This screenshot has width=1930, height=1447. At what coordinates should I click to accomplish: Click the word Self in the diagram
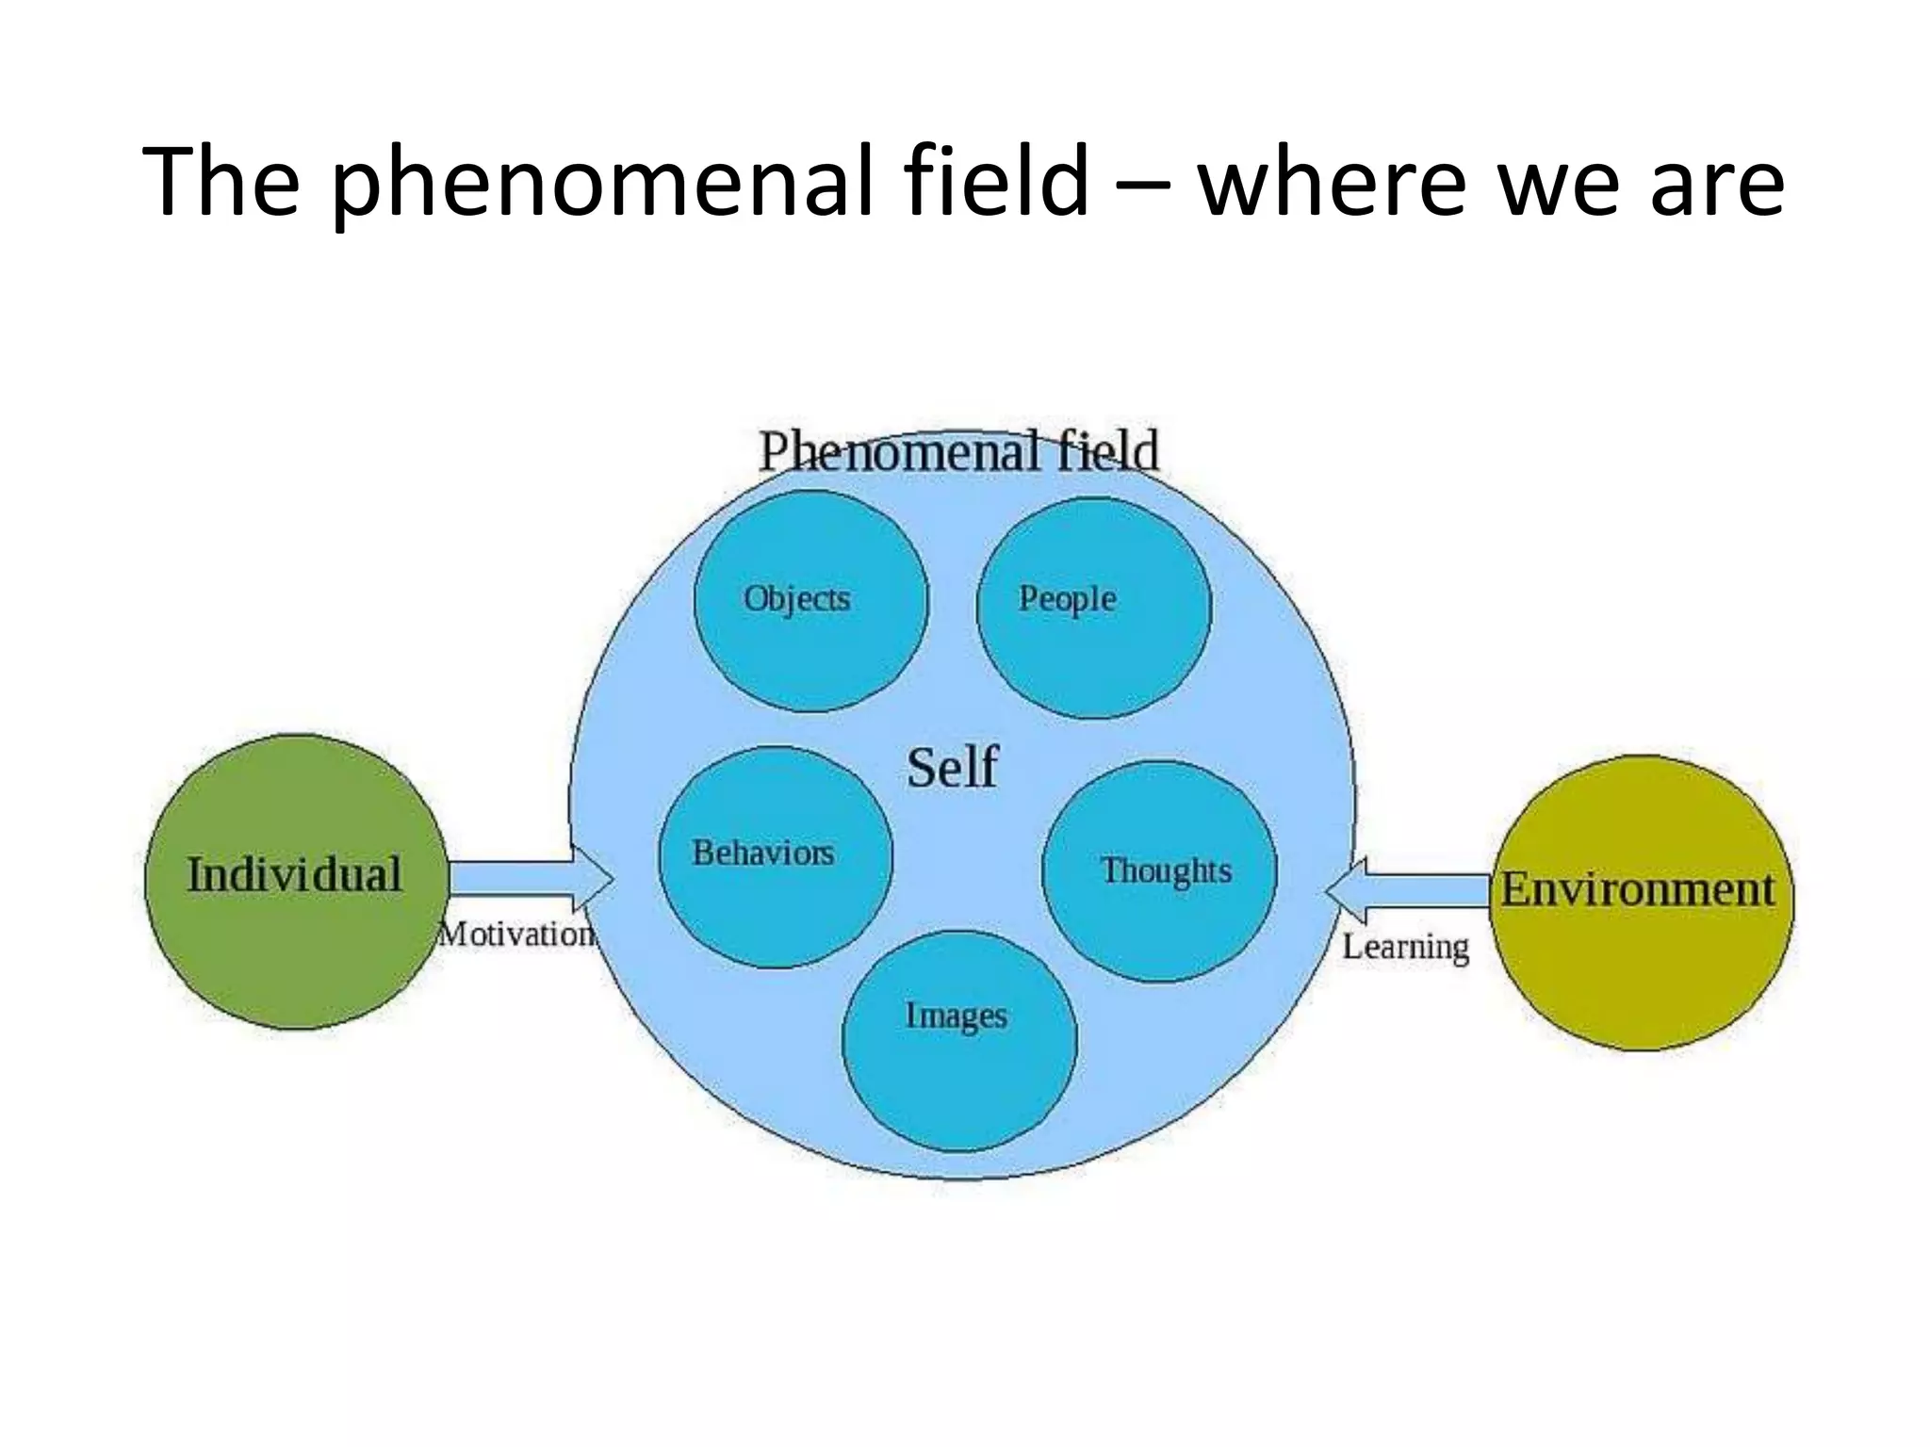(x=952, y=768)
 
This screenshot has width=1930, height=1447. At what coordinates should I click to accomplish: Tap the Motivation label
(x=516, y=935)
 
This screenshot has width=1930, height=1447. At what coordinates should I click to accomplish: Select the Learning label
(x=1405, y=947)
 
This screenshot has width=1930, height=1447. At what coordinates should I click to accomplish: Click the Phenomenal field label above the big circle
(x=958, y=451)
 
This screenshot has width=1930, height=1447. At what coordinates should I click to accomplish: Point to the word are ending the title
(x=1716, y=185)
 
